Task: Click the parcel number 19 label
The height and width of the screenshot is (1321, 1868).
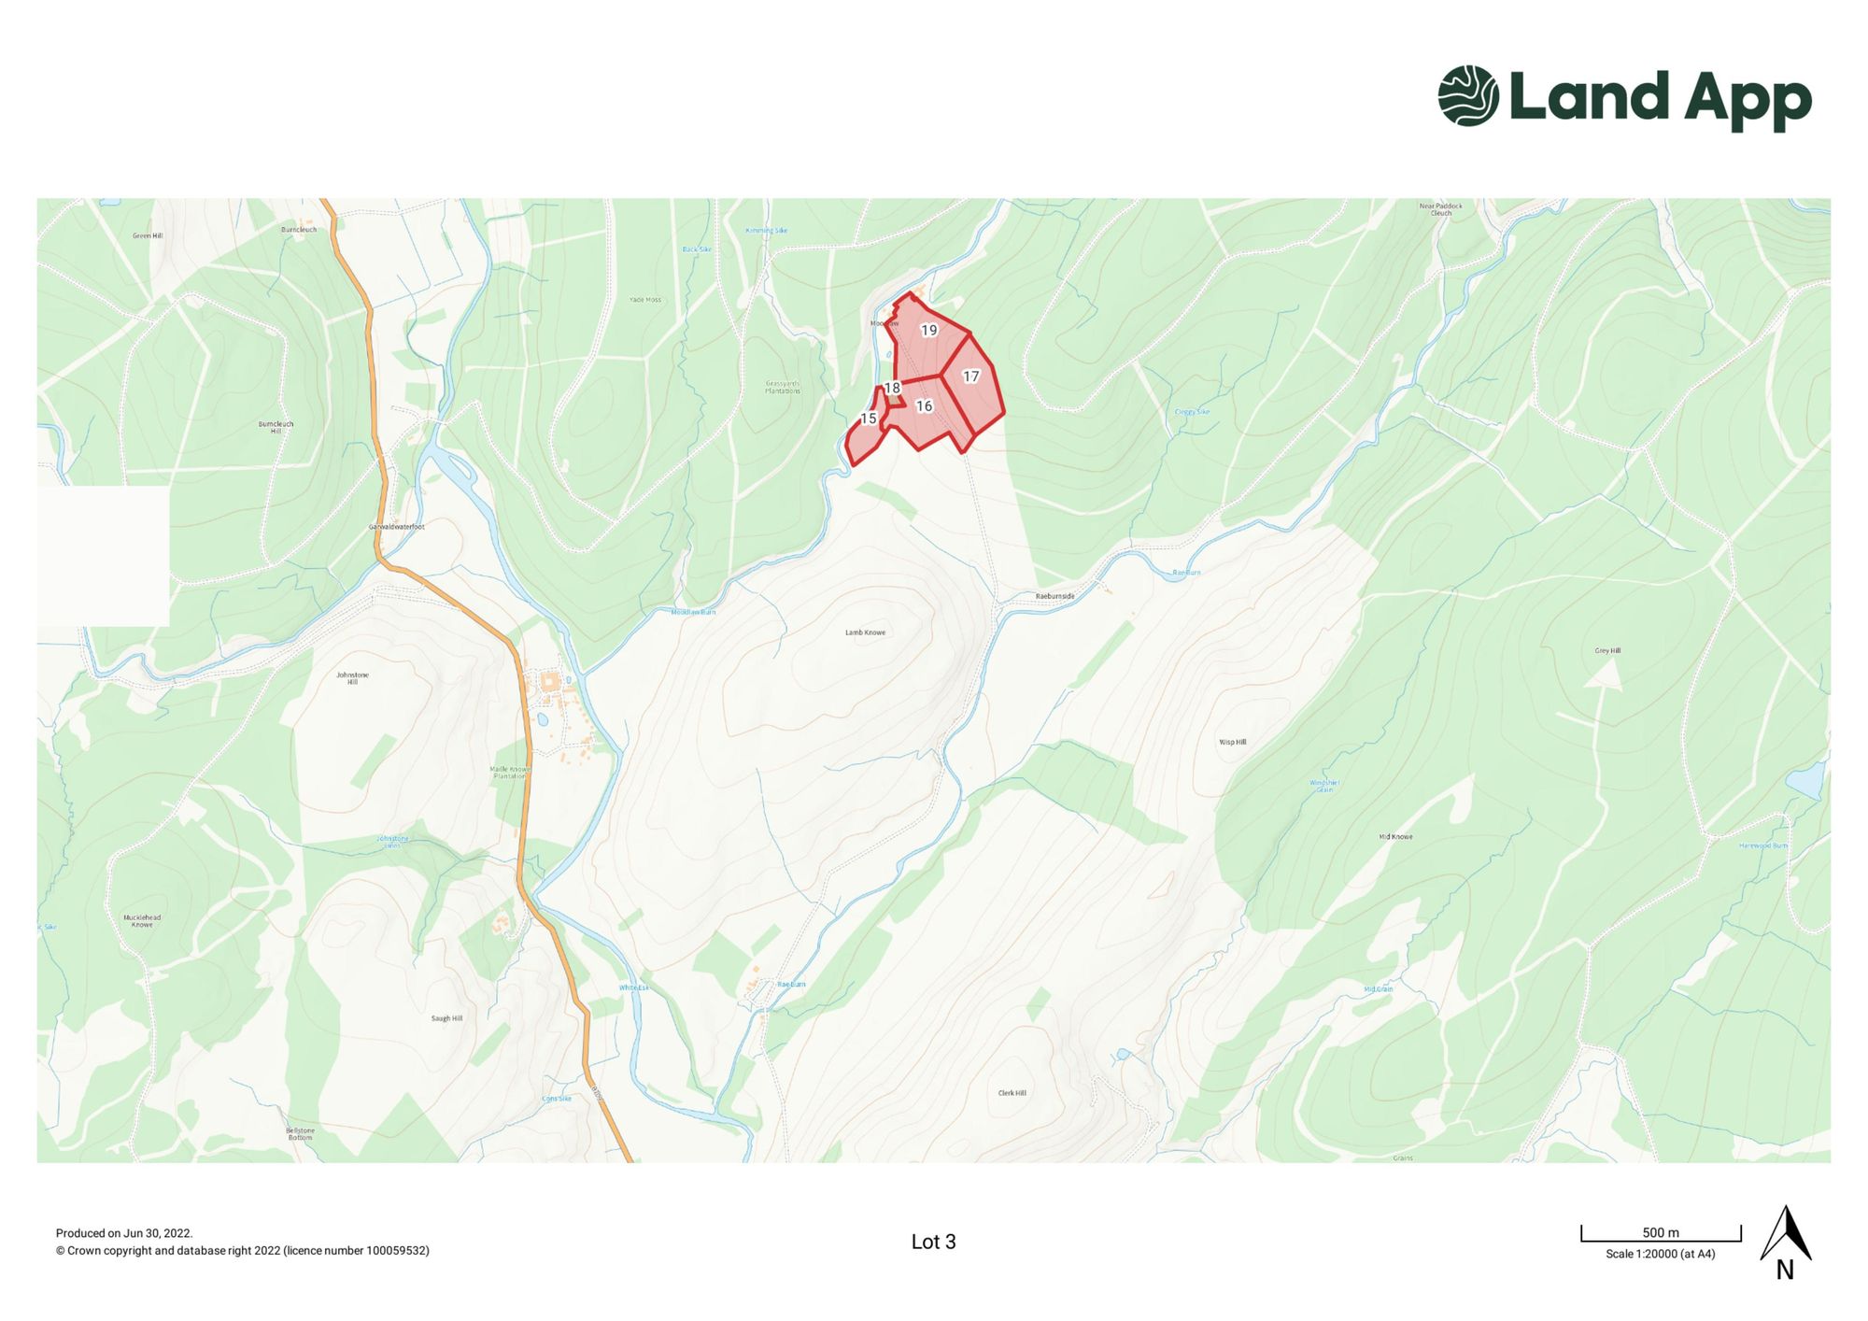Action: click(928, 330)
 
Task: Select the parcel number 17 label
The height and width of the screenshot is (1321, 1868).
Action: click(970, 376)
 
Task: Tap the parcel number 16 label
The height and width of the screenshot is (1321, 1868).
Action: click(924, 405)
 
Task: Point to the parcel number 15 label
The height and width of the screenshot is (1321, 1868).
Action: click(869, 419)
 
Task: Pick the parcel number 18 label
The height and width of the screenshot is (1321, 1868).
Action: click(892, 388)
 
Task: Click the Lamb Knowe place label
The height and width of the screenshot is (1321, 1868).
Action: click(865, 632)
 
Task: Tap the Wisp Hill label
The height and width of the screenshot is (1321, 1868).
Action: click(1232, 742)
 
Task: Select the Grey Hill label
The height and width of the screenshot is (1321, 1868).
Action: click(1607, 650)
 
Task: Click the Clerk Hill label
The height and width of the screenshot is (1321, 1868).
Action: click(1012, 1092)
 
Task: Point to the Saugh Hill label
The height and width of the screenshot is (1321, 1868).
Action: click(446, 1018)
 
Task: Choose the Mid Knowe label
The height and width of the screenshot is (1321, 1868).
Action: click(1395, 836)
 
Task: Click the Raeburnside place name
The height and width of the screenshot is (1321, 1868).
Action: click(1054, 596)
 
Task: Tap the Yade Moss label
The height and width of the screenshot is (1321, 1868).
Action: click(644, 300)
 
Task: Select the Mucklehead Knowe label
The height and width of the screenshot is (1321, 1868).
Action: click(142, 920)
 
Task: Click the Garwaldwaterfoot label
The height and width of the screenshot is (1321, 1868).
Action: click(396, 527)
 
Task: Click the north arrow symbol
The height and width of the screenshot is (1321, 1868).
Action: click(1785, 1235)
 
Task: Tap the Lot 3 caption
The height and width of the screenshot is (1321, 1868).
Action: click(933, 1242)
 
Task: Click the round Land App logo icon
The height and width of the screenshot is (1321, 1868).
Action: click(1467, 95)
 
